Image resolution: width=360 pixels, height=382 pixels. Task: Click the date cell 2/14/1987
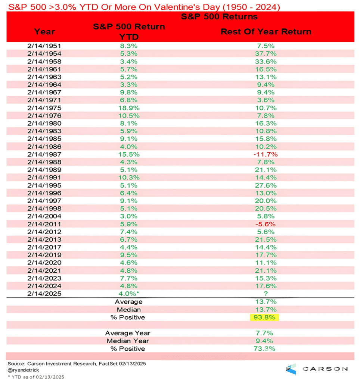point(44,154)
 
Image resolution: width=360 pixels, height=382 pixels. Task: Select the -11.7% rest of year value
point(266,154)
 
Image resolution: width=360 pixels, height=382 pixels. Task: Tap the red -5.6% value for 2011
point(266,224)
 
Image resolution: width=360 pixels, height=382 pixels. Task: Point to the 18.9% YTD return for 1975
point(129,108)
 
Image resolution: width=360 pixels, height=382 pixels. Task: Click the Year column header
point(44,31)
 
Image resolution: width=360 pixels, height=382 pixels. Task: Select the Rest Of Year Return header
point(266,31)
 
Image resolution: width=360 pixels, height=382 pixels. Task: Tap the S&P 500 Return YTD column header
point(129,31)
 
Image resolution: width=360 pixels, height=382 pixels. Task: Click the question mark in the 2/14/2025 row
point(266,294)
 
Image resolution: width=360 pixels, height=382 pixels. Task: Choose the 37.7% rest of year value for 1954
point(266,54)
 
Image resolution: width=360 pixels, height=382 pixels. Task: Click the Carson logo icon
point(291,369)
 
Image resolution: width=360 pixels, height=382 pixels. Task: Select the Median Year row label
point(128,341)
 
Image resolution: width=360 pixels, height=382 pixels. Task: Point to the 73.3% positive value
point(266,348)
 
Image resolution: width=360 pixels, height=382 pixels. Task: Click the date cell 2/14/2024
point(44,286)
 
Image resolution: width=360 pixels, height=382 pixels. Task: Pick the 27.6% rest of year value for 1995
point(266,185)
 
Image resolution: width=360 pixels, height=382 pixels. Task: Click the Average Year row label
point(128,333)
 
